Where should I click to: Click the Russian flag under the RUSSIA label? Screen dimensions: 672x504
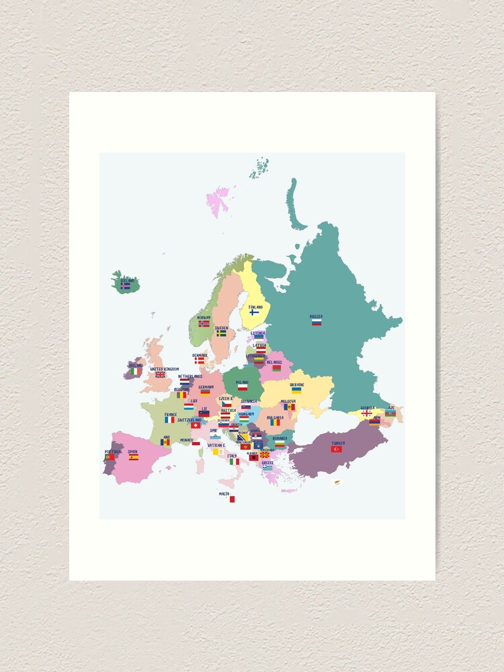coord(316,323)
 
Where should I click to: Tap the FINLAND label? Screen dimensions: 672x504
coord(255,306)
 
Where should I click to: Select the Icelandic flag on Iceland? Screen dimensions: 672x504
coord(125,286)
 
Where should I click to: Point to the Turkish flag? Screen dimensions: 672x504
coord(337,449)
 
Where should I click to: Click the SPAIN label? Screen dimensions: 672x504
coord(133,452)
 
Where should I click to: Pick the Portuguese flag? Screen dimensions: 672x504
coord(110,457)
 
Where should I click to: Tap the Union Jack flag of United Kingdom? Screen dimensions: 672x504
coord(161,374)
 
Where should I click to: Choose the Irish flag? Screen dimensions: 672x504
coord(136,371)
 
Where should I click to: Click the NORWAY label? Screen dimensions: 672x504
coord(204,317)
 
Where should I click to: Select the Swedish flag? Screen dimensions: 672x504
coord(221,333)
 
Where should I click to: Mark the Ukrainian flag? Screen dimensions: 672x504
coord(296,390)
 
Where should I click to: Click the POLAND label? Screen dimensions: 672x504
coord(242,382)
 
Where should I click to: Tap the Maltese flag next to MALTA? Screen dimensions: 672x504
coord(230,499)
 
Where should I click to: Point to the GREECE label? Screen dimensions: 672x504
coord(267,462)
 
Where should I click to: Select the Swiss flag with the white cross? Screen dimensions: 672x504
coord(196,425)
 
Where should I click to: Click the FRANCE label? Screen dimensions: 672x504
coord(171,415)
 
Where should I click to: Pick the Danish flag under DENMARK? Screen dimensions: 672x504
coord(200,360)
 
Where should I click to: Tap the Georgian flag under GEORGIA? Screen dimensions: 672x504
coord(367,413)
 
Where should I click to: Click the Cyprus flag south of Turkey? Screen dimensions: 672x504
coord(338,481)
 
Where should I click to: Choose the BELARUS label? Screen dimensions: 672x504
coord(274,362)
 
